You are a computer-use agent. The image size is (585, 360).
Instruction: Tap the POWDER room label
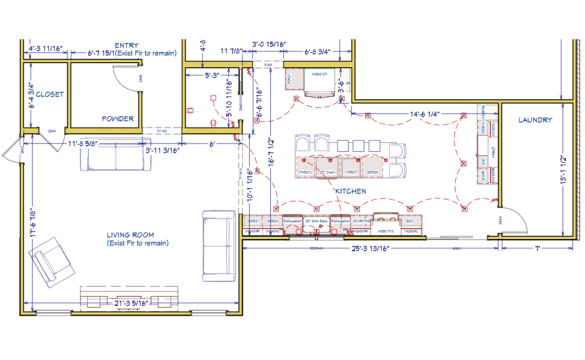tap(118, 119)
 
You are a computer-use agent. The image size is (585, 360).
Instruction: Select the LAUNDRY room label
tap(535, 120)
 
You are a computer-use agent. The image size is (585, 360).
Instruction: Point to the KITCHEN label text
tap(351, 191)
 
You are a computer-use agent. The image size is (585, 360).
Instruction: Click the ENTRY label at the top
tap(127, 45)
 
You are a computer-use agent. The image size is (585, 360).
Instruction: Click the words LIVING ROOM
tap(131, 235)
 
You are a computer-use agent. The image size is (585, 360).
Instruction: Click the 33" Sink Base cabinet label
tap(316, 221)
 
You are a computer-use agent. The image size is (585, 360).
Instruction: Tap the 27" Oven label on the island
tap(327, 173)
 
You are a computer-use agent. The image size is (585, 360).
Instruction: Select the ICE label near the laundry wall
tap(483, 161)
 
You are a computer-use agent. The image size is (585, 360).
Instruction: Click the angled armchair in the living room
tap(51, 262)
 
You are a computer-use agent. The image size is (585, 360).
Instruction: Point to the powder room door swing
tap(126, 78)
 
